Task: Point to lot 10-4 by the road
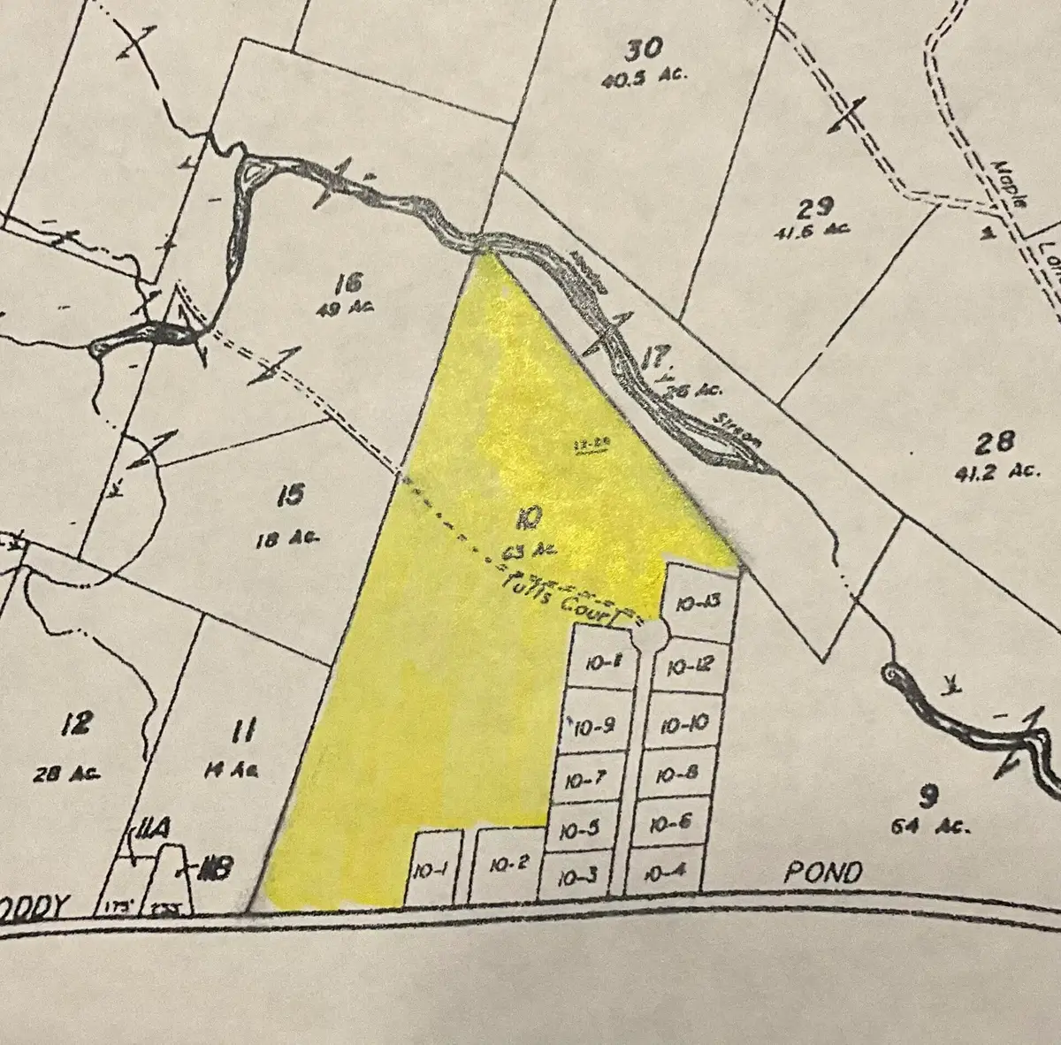[x=666, y=873]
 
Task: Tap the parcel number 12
[x=77, y=724]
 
